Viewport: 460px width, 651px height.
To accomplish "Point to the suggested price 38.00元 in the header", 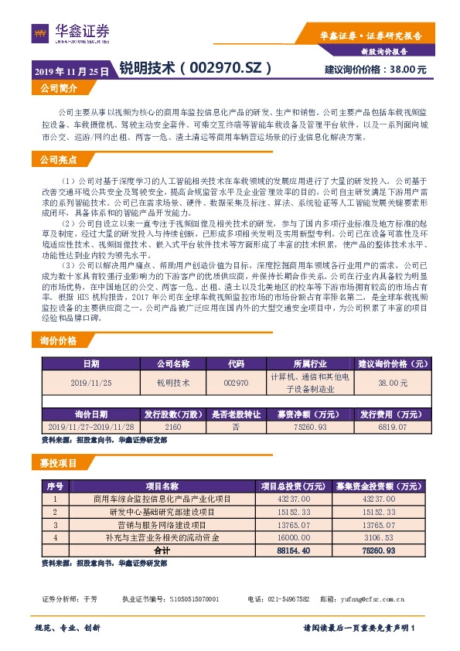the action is click(407, 70).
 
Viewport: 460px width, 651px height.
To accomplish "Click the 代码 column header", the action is click(235, 363).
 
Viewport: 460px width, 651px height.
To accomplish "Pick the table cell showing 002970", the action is click(235, 382).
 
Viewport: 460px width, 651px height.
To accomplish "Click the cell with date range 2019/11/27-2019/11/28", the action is click(90, 426).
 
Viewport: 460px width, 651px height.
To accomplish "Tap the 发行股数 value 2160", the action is click(172, 426).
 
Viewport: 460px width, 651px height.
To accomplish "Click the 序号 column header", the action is click(54, 486).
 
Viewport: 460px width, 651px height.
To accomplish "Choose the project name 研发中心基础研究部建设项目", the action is click(162, 512).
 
